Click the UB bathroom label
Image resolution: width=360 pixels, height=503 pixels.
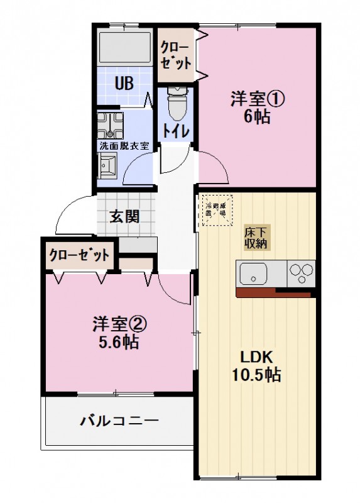tap(123, 83)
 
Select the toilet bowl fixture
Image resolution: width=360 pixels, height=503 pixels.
tap(177, 104)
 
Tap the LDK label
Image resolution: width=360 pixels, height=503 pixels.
tap(257, 357)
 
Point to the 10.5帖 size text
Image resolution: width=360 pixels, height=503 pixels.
tap(257, 375)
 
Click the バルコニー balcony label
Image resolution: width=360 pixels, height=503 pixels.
tap(119, 420)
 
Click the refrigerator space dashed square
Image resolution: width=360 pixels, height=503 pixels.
tap(217, 209)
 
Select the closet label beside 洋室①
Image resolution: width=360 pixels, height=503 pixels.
tap(176, 55)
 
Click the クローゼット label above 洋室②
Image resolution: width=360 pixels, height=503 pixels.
tap(80, 255)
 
